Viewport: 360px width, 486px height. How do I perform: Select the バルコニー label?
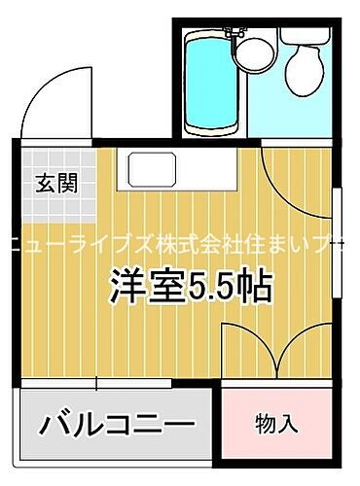[117, 425]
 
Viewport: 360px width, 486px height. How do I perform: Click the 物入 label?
[275, 424]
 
